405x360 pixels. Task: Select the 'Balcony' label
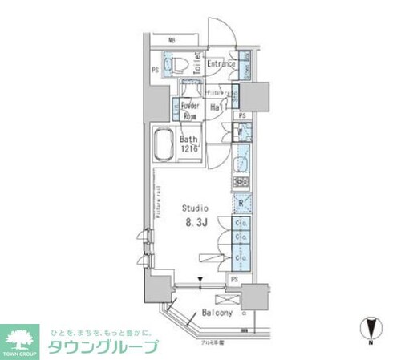click(217, 312)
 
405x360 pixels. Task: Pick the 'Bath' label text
click(189, 140)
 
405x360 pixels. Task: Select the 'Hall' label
click(217, 107)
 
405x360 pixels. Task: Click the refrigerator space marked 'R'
click(241, 202)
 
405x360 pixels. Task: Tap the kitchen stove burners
click(241, 182)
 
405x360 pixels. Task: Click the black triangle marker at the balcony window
click(201, 280)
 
